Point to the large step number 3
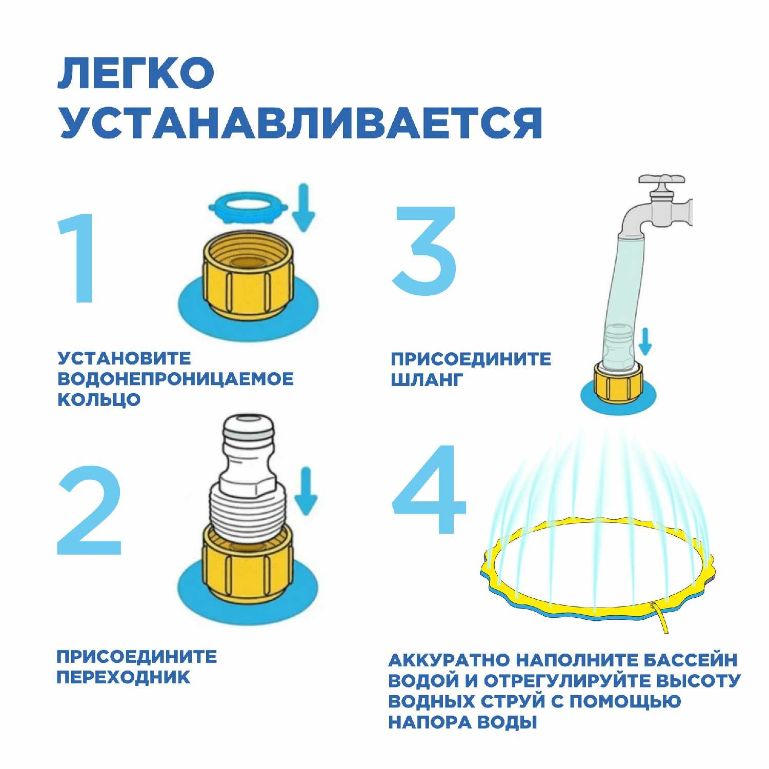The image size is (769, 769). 425,251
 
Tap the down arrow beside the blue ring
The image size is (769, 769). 305,208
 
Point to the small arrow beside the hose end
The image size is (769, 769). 645,341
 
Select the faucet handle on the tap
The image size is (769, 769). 661,180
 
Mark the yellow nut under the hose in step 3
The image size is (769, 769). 618,382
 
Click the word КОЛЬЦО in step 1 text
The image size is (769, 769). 99,399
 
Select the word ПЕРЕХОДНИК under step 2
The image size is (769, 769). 123,677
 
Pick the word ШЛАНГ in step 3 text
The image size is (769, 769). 427,379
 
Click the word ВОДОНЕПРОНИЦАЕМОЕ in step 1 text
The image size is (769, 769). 175,379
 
